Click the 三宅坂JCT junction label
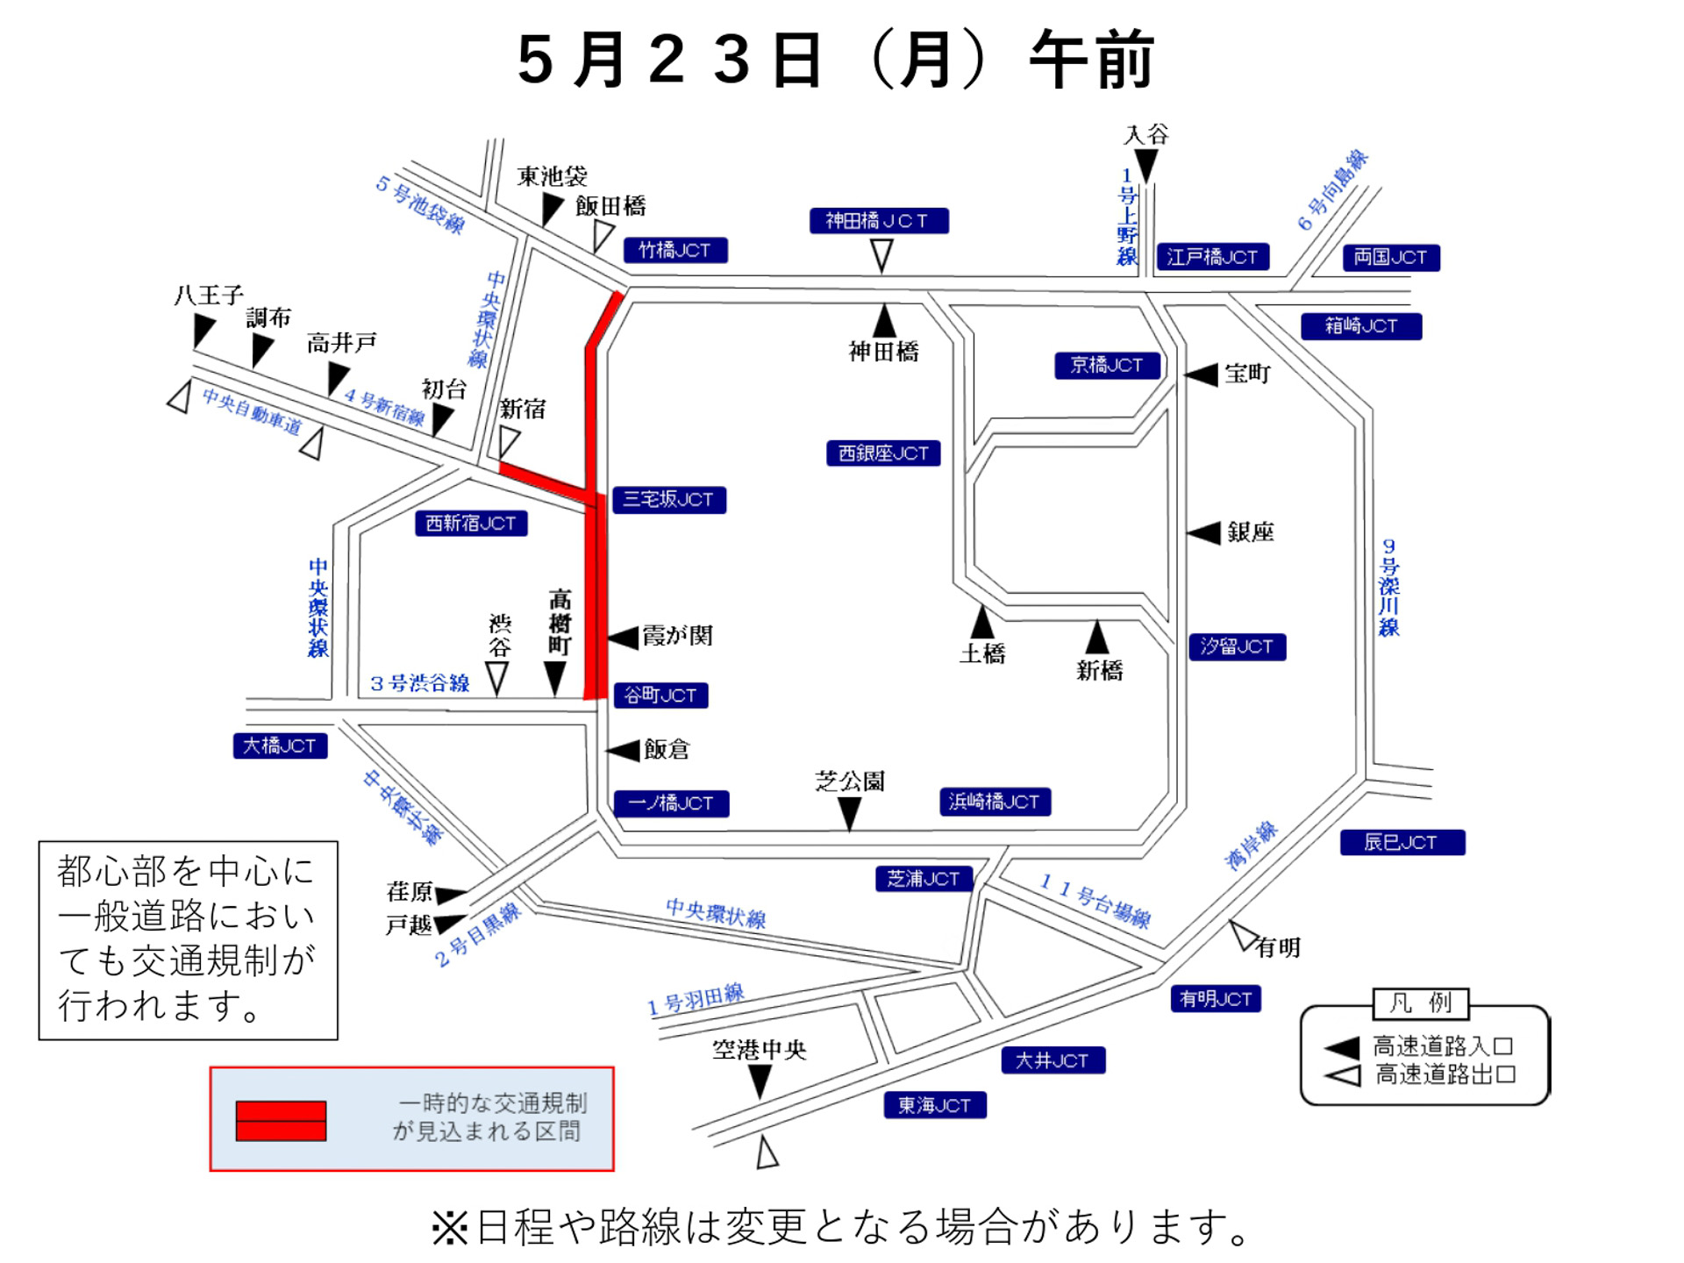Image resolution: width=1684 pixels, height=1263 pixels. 668,500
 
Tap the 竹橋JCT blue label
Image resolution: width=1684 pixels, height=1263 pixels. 674,251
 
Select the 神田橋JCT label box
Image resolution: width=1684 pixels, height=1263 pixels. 878,221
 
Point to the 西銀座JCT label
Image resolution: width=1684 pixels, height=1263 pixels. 883,453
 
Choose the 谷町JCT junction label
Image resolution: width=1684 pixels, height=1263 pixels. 660,696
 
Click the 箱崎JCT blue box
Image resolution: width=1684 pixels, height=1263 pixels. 1360,326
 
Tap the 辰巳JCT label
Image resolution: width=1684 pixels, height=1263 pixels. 1402,843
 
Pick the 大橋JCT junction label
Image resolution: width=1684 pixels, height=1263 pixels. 280,746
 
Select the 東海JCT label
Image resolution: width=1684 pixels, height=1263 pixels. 934,1105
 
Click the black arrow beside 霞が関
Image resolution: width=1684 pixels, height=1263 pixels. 624,638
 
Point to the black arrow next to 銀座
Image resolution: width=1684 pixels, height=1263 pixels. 1203,532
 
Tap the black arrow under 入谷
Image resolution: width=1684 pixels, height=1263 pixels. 1145,165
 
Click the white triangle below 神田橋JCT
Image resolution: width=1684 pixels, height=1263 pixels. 881,255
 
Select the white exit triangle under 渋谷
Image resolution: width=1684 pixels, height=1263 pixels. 497,678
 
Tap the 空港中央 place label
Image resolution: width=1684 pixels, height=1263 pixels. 759,1050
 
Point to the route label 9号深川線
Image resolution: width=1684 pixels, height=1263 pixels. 1388,588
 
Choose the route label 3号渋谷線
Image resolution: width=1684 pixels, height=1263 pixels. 420,683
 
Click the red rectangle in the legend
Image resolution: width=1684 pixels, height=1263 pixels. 281,1121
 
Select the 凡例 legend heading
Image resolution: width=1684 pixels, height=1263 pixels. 1420,1003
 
